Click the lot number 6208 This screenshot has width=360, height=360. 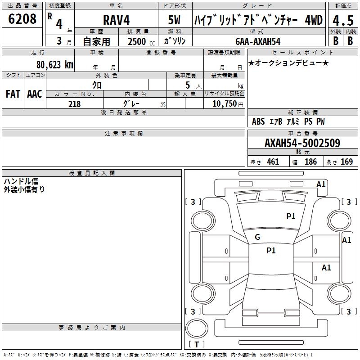pos(22,19)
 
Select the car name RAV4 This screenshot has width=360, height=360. pos(116,21)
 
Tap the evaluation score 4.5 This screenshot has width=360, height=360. pos(342,20)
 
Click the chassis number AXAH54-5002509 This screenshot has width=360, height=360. pos(302,143)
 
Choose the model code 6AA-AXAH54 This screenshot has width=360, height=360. pos(258,41)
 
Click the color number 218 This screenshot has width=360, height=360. pos(74,104)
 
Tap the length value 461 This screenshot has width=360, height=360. pos(273,162)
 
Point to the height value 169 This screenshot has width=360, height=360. pos(346,162)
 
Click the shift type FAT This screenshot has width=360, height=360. pos(13,94)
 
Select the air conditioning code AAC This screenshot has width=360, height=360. pos(35,94)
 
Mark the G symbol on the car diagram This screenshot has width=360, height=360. pos(257,237)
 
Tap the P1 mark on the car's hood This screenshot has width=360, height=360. pos(291,216)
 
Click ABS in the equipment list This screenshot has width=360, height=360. pos(258,121)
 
